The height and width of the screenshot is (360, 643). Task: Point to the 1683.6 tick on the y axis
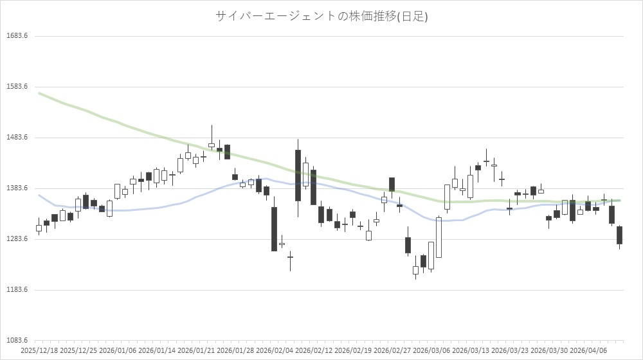(x=17, y=36)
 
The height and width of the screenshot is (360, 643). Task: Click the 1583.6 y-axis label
(x=17, y=87)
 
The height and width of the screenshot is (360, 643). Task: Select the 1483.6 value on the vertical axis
(x=17, y=138)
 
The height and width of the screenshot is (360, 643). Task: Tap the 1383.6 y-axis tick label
(x=17, y=188)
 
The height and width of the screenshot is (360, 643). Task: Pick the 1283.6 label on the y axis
(x=17, y=239)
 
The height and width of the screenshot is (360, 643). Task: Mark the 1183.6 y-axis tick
(x=17, y=290)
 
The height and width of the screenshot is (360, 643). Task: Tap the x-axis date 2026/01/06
(x=118, y=351)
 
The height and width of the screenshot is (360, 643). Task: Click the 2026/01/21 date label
(x=196, y=351)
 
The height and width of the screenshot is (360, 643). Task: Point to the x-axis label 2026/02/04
(x=275, y=351)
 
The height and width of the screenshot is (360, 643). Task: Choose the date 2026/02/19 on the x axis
(x=353, y=351)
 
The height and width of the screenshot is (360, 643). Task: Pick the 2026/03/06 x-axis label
(x=431, y=351)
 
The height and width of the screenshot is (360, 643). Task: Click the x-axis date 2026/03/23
(x=510, y=351)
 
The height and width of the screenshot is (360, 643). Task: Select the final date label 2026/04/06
(x=588, y=351)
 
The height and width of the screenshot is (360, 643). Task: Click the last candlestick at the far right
(x=619, y=235)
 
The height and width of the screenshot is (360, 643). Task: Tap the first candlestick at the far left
(x=39, y=228)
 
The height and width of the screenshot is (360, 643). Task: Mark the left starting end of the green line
(x=39, y=93)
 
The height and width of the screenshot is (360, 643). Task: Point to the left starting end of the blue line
(x=39, y=195)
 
